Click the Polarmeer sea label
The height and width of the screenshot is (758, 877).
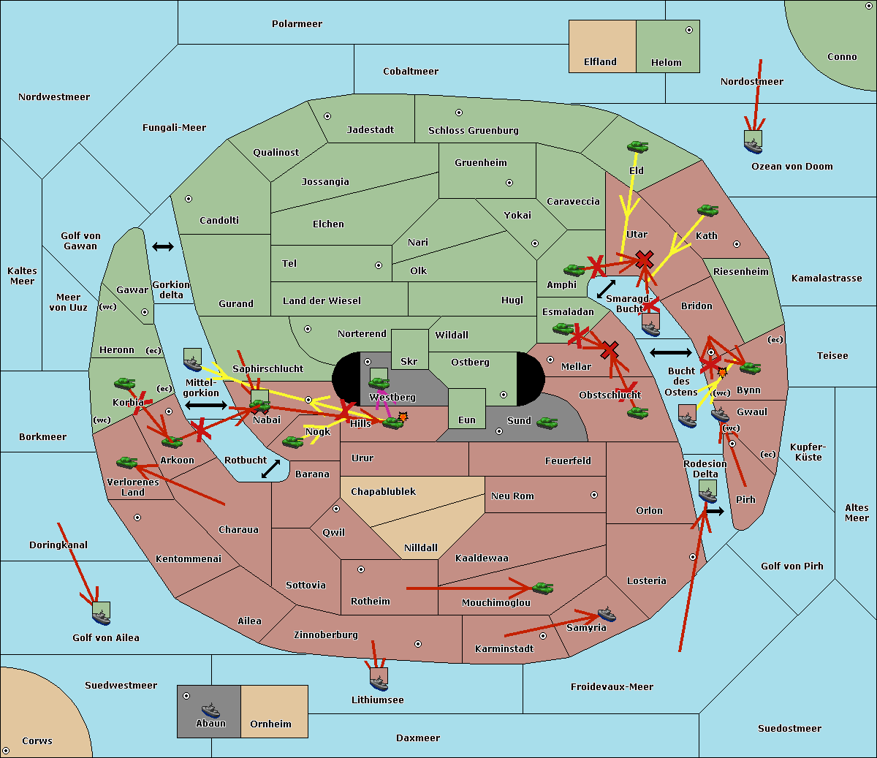(297, 24)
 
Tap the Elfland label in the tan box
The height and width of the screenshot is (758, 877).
(600, 62)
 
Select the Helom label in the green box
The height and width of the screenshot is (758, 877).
(666, 63)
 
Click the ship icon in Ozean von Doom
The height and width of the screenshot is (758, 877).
(753, 144)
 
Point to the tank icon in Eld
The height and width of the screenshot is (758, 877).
(637, 147)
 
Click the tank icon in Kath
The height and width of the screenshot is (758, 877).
(707, 211)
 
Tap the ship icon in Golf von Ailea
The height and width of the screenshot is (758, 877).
(101, 615)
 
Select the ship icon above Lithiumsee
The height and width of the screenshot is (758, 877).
(379, 681)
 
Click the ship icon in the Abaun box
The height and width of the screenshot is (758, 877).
(210, 709)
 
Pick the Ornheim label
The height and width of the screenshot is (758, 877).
(270, 724)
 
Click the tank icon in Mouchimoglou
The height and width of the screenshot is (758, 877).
(542, 588)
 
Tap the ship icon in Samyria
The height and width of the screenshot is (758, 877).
(607, 614)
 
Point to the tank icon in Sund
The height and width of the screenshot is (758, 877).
(547, 422)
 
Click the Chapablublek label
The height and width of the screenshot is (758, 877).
(383, 492)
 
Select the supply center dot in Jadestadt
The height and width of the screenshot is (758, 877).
(327, 116)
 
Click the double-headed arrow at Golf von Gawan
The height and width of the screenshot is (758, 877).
(162, 247)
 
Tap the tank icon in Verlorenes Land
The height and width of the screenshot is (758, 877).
(126, 462)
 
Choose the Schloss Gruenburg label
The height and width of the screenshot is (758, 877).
(473, 131)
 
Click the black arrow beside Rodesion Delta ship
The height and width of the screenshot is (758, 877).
(715, 512)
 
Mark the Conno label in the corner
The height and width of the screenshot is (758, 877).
(842, 57)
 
